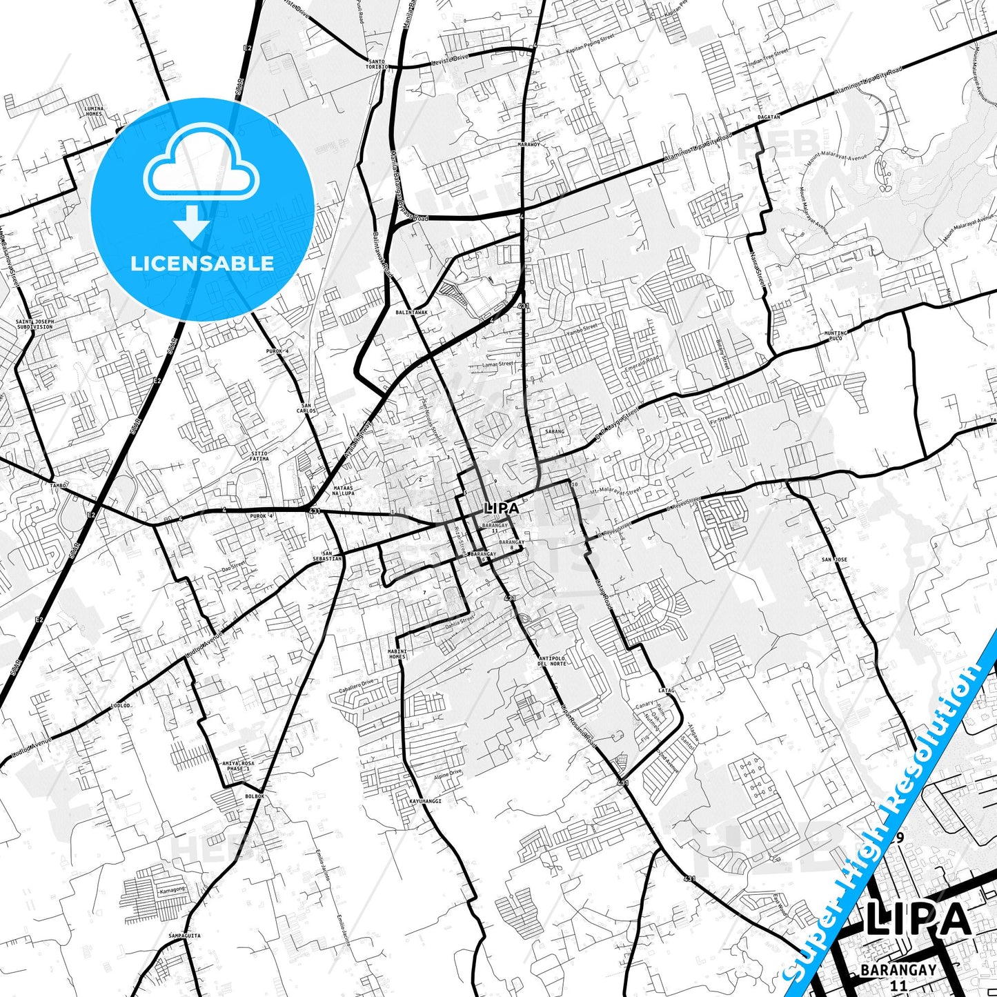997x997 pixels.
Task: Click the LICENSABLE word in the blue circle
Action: tap(202, 263)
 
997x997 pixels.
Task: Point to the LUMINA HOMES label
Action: tap(94, 111)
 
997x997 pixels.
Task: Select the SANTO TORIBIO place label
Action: tap(377, 64)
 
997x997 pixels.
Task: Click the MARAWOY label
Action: tap(529, 145)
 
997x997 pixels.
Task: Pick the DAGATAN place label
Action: tap(769, 117)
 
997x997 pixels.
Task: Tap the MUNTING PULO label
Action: tap(835, 336)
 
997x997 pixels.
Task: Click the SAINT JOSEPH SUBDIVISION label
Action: tap(34, 324)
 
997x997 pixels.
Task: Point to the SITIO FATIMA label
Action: tap(259, 456)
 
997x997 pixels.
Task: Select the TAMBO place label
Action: tap(59, 485)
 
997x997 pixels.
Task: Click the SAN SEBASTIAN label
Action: tap(331, 555)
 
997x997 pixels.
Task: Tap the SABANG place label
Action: tap(555, 431)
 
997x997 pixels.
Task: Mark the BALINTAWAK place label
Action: tap(411, 313)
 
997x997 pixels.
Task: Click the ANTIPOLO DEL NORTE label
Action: tap(552, 661)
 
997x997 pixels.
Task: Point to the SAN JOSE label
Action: tap(834, 560)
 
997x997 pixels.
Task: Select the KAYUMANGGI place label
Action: tap(425, 801)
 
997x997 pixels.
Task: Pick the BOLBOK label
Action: tap(255, 796)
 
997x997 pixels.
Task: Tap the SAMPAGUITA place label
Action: tap(184, 936)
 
